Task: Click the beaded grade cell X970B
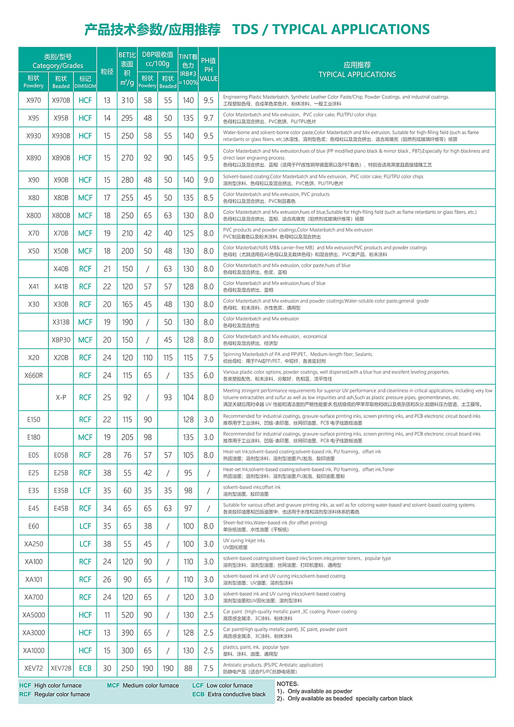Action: pyautogui.click(x=61, y=101)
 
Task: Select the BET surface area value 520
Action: pyautogui.click(x=127, y=615)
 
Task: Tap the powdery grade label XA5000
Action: pyautogui.click(x=34, y=615)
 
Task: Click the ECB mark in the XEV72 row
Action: pyautogui.click(x=85, y=668)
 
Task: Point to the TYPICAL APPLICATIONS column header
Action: pyautogui.click(x=357, y=70)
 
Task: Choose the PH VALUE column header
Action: pyautogui.click(x=208, y=69)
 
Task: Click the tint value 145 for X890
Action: pyautogui.click(x=188, y=158)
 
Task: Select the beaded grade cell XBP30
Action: pyautogui.click(x=61, y=340)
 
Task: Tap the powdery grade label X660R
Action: pyautogui.click(x=34, y=376)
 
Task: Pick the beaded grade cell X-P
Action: pyautogui.click(x=61, y=398)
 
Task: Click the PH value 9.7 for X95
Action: pyautogui.click(x=208, y=118)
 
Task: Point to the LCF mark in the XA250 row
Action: pyautogui.click(x=85, y=544)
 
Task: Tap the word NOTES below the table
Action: pyautogui.click(x=288, y=684)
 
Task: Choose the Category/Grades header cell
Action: pyautogui.click(x=58, y=61)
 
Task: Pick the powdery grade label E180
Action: pyautogui.click(x=34, y=438)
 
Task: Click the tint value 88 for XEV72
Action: pyautogui.click(x=188, y=668)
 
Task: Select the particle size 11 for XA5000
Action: pyautogui.click(x=107, y=615)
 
